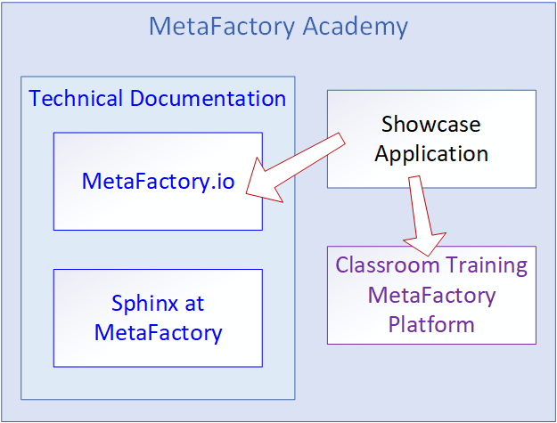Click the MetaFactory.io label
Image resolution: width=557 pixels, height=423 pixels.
tap(158, 182)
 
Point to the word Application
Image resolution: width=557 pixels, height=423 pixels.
tap(430, 153)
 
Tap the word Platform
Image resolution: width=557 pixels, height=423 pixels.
tap(431, 323)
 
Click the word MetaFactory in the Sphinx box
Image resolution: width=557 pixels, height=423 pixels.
tap(158, 333)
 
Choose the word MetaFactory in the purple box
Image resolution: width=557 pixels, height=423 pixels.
tap(431, 294)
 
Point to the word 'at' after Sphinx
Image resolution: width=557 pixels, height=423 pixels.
tap(195, 303)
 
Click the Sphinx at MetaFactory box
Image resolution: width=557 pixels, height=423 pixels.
tap(158, 352)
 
